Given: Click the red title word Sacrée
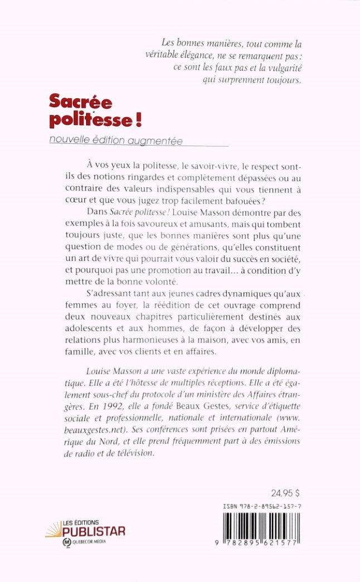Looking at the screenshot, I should (x=80, y=101).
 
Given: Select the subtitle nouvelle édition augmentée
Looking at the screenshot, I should (x=116, y=142).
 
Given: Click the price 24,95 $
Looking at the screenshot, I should (x=285, y=493).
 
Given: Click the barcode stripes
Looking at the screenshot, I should (x=260, y=530).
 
